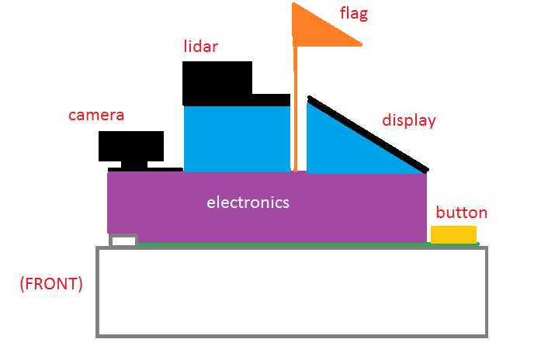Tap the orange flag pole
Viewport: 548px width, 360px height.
pos(295,109)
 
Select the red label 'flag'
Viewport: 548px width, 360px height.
pos(354,14)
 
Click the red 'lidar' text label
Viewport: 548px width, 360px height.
pos(201,47)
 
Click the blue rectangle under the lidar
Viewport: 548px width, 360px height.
pos(237,139)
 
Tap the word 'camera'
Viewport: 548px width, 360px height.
pos(96,116)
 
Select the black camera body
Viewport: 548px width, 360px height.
pos(131,147)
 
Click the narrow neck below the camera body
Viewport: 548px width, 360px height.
pos(134,164)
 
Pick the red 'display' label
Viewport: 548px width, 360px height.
pos(409,121)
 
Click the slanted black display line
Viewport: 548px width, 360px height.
pos(368,134)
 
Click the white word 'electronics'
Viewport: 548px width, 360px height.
pos(248,202)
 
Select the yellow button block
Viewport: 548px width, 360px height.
pos(453,234)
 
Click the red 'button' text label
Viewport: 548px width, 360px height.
pos(462,213)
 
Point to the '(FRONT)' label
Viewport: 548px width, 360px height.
pos(51,283)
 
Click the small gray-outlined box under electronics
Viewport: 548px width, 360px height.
pos(123,241)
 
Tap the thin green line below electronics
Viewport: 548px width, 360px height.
pos(308,244)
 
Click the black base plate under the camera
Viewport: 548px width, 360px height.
pos(145,170)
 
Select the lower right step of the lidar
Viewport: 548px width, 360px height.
pos(271,100)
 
